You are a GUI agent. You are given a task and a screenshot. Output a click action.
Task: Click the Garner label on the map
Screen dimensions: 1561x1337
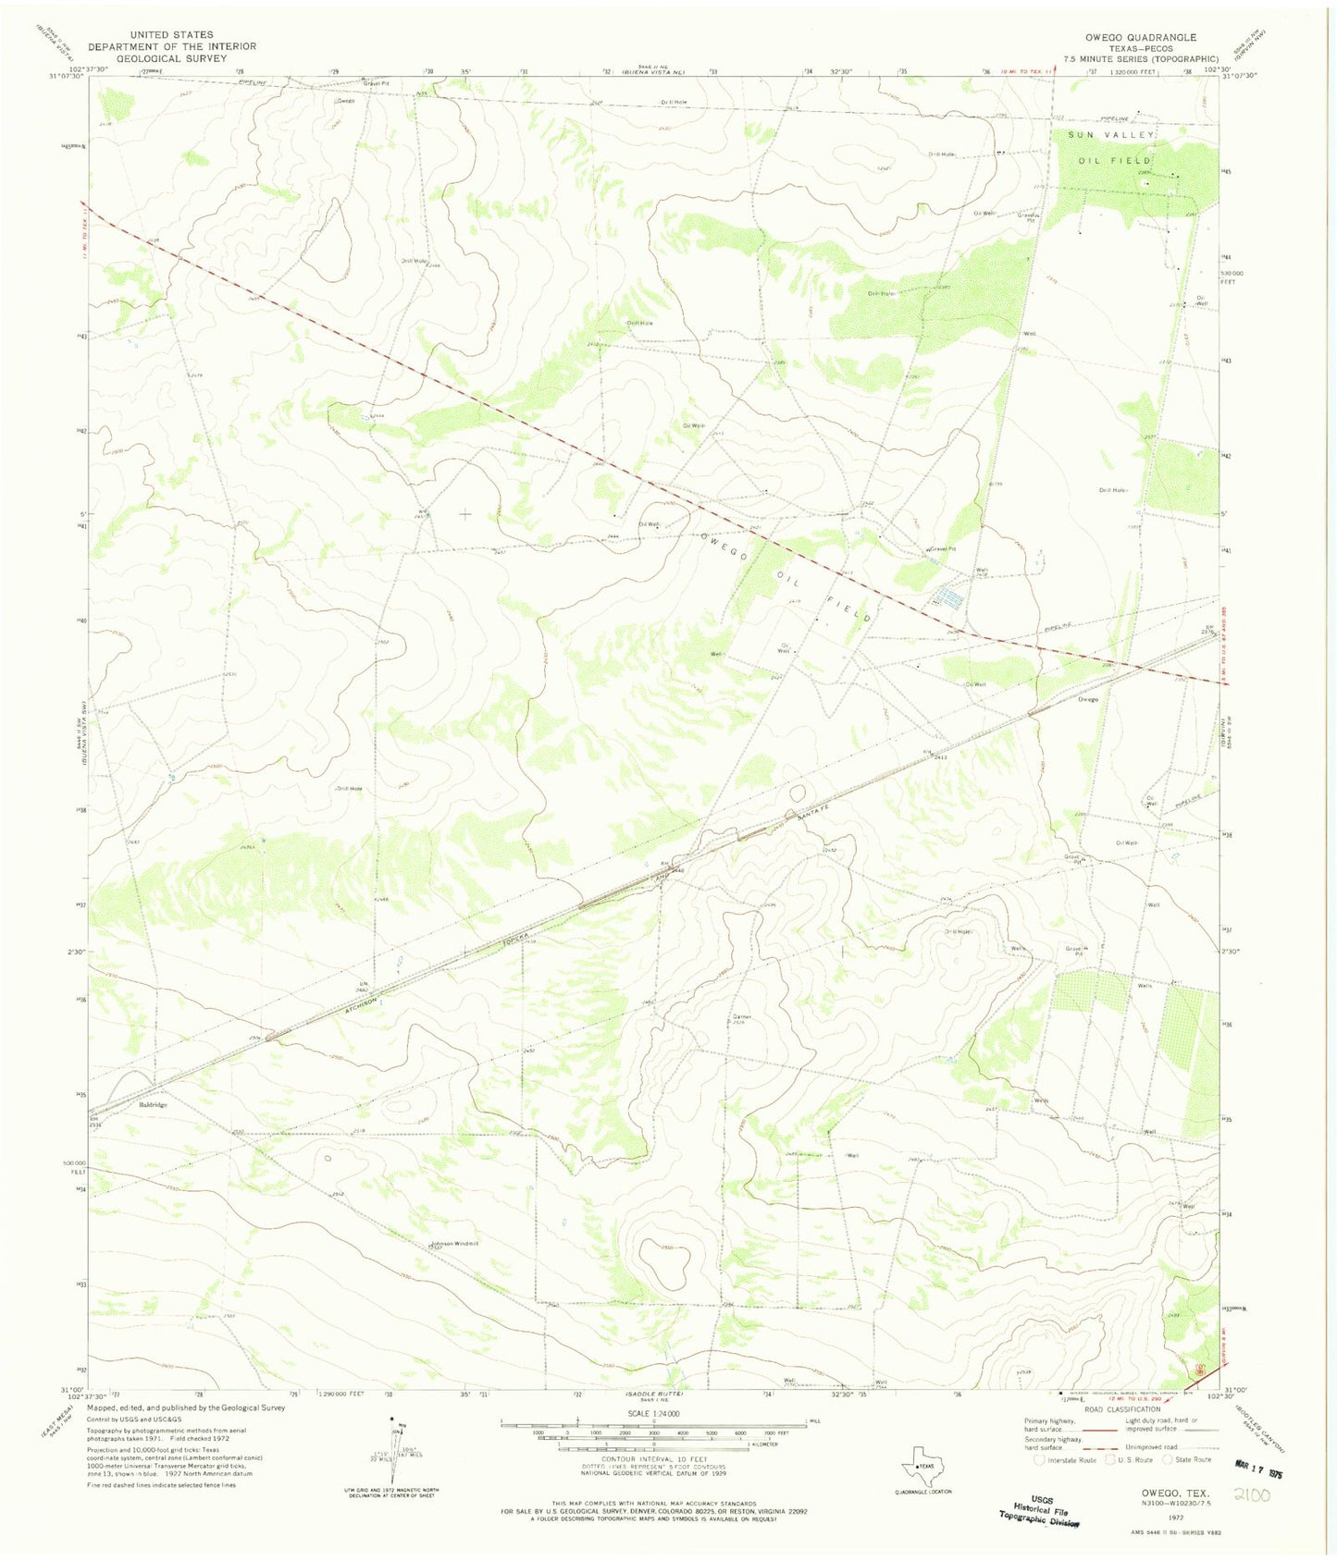741,1017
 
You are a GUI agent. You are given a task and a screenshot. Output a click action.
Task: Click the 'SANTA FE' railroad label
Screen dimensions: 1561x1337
813,809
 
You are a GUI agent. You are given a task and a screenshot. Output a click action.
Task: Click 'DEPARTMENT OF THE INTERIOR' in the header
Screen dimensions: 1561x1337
171,46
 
